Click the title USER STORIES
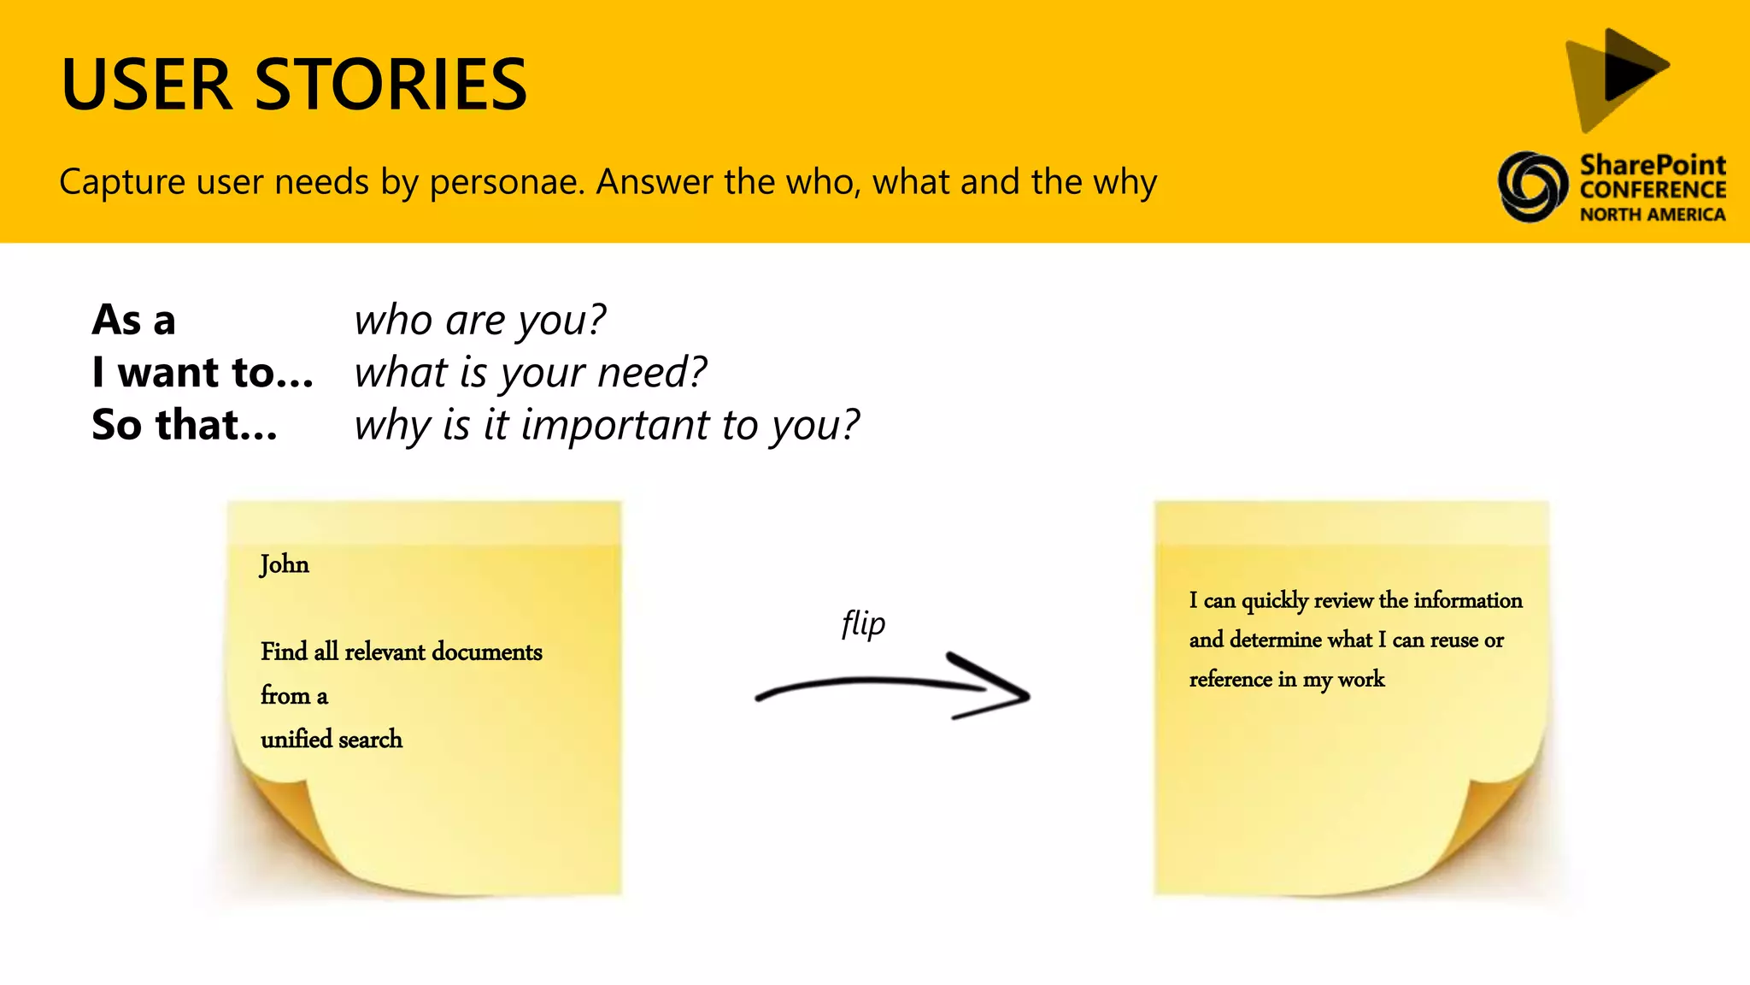pos(294,85)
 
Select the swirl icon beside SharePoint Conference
pos(1533,186)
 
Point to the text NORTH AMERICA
pos(1652,215)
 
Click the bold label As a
pos(134,321)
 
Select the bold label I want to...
pos(203,373)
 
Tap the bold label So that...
pos(185,425)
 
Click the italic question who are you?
pos(479,321)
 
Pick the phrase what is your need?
pos(531,373)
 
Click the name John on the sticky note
pos(285,564)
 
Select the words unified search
pos(332,740)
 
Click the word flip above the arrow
pos(863,623)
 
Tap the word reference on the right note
pos(1230,680)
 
